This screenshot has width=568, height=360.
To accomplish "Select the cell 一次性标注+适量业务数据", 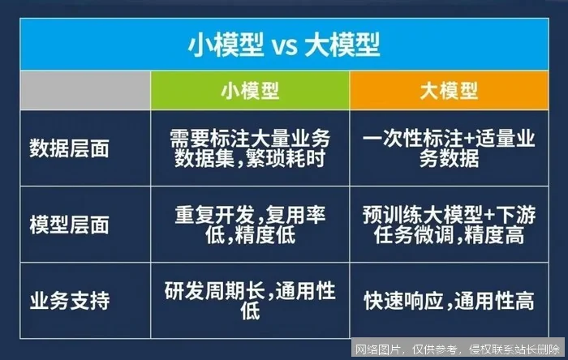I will pos(448,148).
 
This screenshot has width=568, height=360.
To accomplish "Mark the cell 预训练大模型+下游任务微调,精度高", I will pos(448,225).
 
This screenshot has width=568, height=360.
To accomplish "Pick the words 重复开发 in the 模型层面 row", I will pos(207,216).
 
